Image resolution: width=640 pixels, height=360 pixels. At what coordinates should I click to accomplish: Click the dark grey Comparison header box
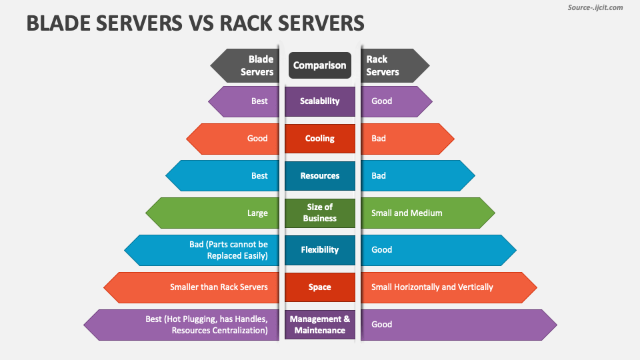click(x=320, y=65)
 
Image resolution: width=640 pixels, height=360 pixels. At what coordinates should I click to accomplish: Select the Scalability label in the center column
click(x=320, y=101)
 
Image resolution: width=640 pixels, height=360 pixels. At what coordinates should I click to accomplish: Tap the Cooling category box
click(x=320, y=139)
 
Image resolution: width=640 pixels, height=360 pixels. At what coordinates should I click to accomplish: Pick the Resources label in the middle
click(x=320, y=176)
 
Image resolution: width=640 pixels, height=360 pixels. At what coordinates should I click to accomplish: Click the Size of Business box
click(x=320, y=213)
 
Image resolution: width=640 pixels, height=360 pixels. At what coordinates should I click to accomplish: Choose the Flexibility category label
click(x=320, y=250)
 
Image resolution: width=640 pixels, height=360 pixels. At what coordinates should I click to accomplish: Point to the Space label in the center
click(x=320, y=287)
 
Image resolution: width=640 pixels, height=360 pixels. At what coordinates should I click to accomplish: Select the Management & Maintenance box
click(x=320, y=325)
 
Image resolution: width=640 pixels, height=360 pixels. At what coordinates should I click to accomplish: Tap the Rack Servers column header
click(x=383, y=65)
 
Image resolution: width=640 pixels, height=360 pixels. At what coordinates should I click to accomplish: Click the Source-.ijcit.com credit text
click(x=595, y=8)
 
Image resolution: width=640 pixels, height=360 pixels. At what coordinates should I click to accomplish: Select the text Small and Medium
click(x=407, y=213)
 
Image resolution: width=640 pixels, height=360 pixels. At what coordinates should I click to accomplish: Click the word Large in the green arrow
click(x=257, y=213)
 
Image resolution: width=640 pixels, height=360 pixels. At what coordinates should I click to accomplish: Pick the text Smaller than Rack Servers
click(x=219, y=287)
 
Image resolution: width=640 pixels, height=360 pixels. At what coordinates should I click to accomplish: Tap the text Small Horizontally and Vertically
click(x=432, y=287)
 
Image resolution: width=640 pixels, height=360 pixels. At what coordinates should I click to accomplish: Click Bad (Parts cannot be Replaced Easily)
click(x=228, y=250)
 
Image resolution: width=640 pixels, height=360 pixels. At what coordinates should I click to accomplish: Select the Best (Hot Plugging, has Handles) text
click(x=207, y=325)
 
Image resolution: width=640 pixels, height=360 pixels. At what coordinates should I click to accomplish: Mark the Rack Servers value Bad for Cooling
click(x=379, y=139)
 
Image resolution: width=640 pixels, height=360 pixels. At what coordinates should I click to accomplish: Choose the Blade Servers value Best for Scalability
click(x=259, y=101)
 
